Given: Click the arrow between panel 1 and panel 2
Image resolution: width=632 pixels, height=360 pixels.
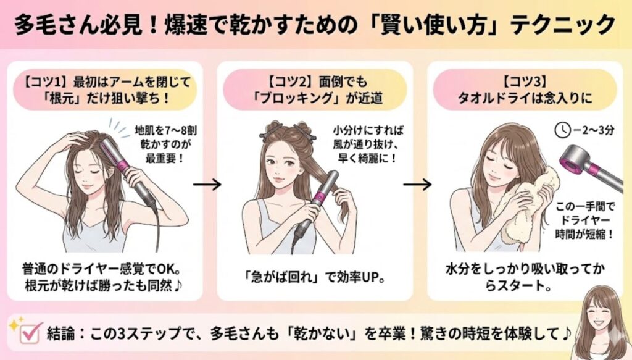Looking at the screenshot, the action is click(x=207, y=185).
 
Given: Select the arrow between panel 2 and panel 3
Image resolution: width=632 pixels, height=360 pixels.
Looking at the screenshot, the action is click(x=417, y=185).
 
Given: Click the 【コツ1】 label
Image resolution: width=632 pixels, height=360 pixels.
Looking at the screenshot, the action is click(x=44, y=83).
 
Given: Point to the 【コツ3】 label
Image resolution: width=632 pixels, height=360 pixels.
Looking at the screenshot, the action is click(x=525, y=82).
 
